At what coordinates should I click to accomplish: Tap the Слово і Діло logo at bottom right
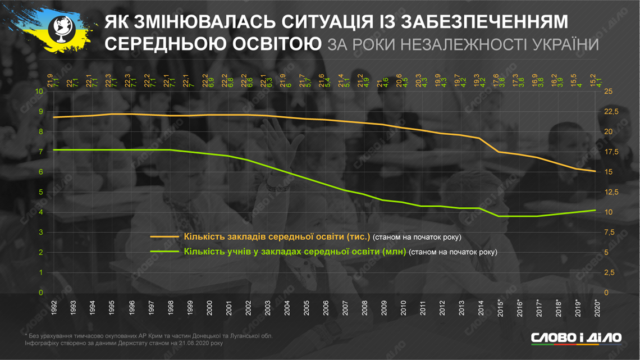[x=576, y=338]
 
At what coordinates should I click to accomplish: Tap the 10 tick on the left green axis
[x=39, y=92]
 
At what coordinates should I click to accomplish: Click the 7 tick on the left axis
[x=40, y=152]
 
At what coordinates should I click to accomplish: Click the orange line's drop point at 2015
[x=499, y=152]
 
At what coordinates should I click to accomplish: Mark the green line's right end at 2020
[x=596, y=210]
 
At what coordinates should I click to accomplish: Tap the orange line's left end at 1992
[x=54, y=117]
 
